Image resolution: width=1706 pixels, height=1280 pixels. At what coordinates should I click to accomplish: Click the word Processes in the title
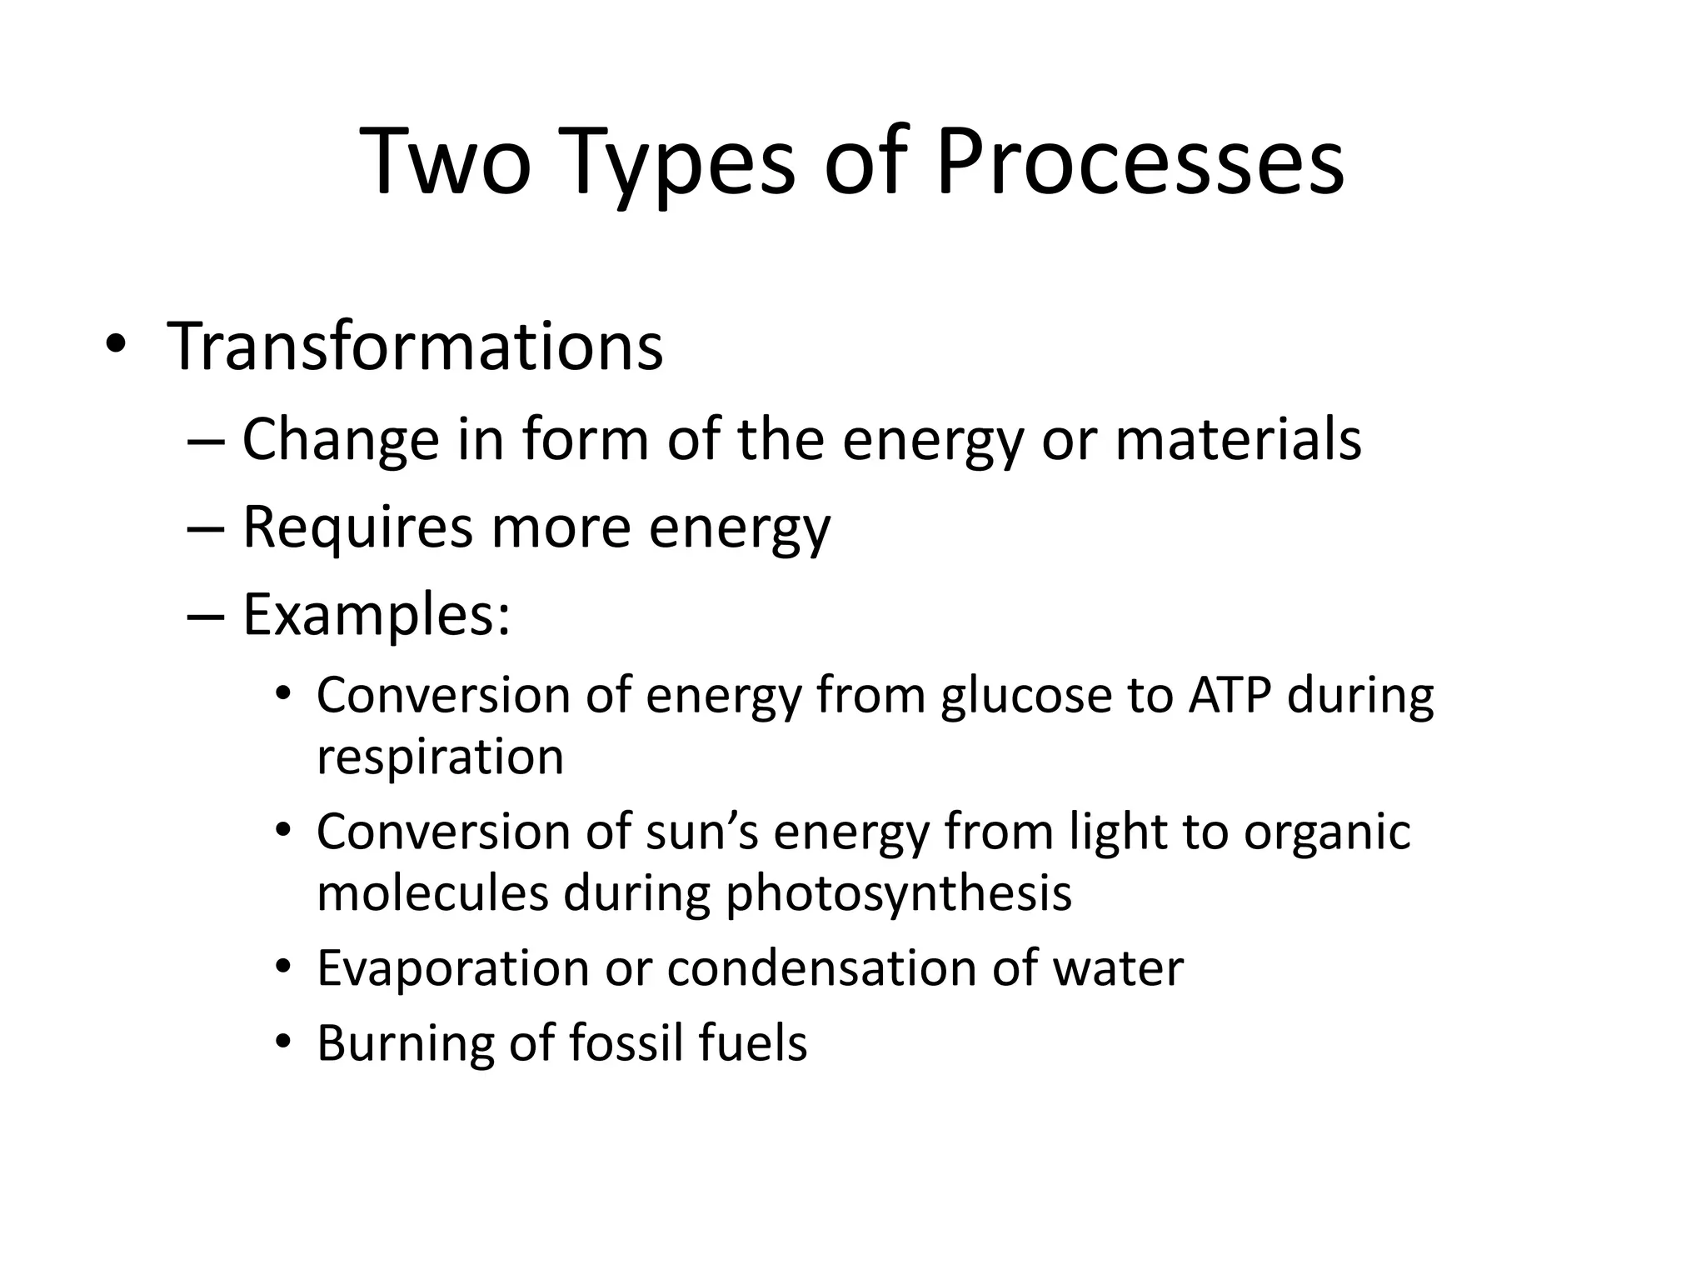coord(1139,162)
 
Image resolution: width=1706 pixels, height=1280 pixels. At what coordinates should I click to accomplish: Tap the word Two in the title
coord(446,162)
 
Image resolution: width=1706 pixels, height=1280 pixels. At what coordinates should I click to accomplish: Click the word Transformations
coord(415,346)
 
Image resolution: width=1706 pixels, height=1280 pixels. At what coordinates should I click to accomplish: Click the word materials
coord(1238,439)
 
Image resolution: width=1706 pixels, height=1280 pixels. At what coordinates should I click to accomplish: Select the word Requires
coord(357,527)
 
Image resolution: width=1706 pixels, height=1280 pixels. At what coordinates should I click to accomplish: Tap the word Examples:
coord(376,616)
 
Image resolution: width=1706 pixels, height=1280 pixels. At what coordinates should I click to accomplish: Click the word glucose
coord(1026,696)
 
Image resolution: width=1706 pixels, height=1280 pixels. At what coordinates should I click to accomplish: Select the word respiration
coord(440,757)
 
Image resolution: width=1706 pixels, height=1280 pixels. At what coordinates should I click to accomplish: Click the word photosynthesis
coord(898,893)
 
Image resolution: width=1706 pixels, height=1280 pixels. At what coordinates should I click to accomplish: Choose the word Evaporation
coord(453,968)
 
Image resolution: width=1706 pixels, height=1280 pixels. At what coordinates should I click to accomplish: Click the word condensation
coord(821,968)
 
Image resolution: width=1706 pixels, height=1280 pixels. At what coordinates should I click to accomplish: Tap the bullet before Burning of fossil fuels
coord(284,1042)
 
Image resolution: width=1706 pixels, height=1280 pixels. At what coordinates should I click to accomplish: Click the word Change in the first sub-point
coord(340,439)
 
